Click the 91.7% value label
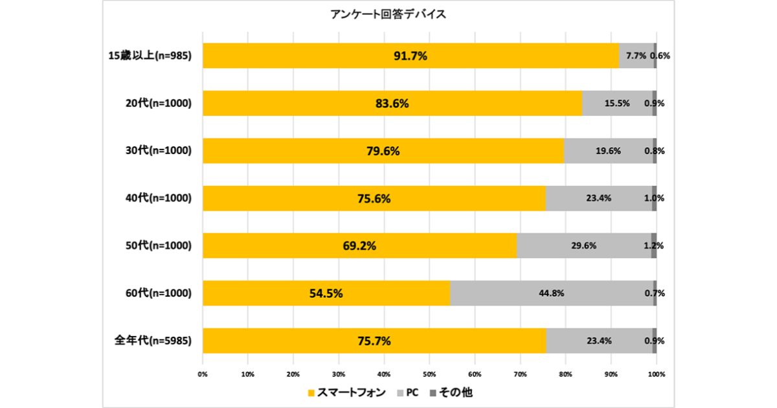tap(411, 56)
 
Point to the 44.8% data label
tap(551, 293)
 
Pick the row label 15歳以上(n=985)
tap(150, 56)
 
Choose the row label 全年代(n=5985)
tap(153, 341)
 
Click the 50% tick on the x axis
tap(429, 374)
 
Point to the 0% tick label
tap(203, 374)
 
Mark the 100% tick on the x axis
tap(656, 374)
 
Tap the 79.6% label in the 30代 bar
tap(383, 151)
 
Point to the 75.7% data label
tap(374, 341)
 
